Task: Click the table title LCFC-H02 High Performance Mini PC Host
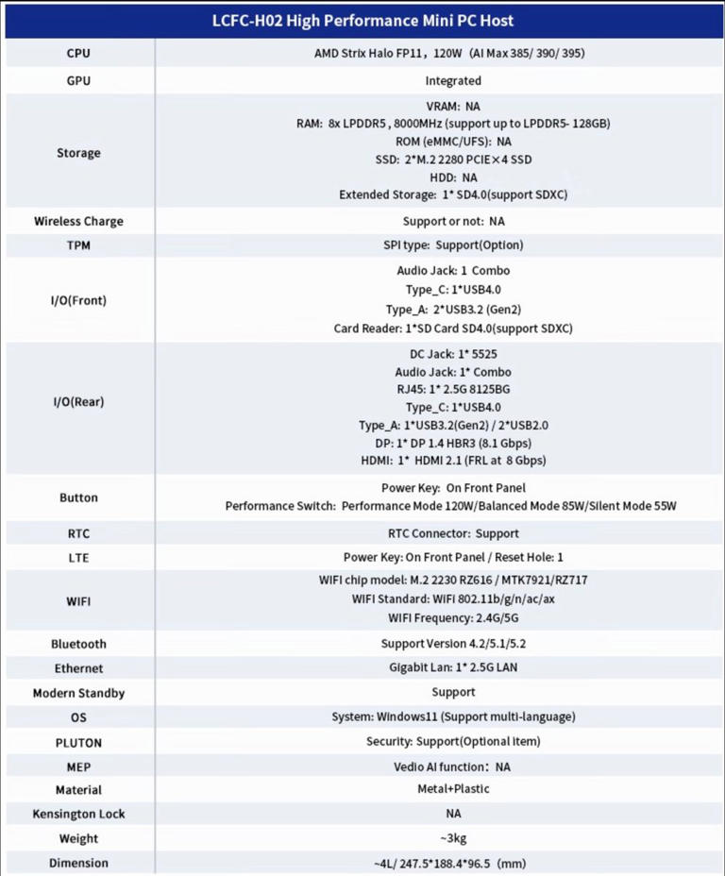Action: pyautogui.click(x=362, y=20)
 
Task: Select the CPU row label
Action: pyautogui.click(x=78, y=54)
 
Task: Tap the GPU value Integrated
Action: pyautogui.click(x=453, y=81)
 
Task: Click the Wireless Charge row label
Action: pyautogui.click(x=78, y=222)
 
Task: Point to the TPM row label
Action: pyautogui.click(x=78, y=245)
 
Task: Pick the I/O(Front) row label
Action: pyautogui.click(x=78, y=301)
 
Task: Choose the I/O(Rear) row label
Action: pyautogui.click(x=78, y=402)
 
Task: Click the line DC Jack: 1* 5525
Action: pyautogui.click(x=453, y=354)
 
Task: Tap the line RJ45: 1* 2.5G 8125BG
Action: pyautogui.click(x=453, y=390)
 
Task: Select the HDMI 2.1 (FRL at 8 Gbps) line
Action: pyautogui.click(x=453, y=461)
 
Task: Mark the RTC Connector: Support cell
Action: pyautogui.click(x=453, y=533)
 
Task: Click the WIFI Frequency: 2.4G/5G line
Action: pyautogui.click(x=453, y=618)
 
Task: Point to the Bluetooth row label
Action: pyautogui.click(x=78, y=645)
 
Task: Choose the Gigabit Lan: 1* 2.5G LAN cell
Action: pyautogui.click(x=453, y=668)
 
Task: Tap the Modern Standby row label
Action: pyautogui.click(x=78, y=693)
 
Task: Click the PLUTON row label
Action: pyautogui.click(x=78, y=743)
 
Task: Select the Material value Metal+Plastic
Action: pyautogui.click(x=453, y=789)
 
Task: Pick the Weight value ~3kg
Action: pyautogui.click(x=453, y=838)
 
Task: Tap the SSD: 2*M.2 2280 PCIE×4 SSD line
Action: pyautogui.click(x=453, y=160)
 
